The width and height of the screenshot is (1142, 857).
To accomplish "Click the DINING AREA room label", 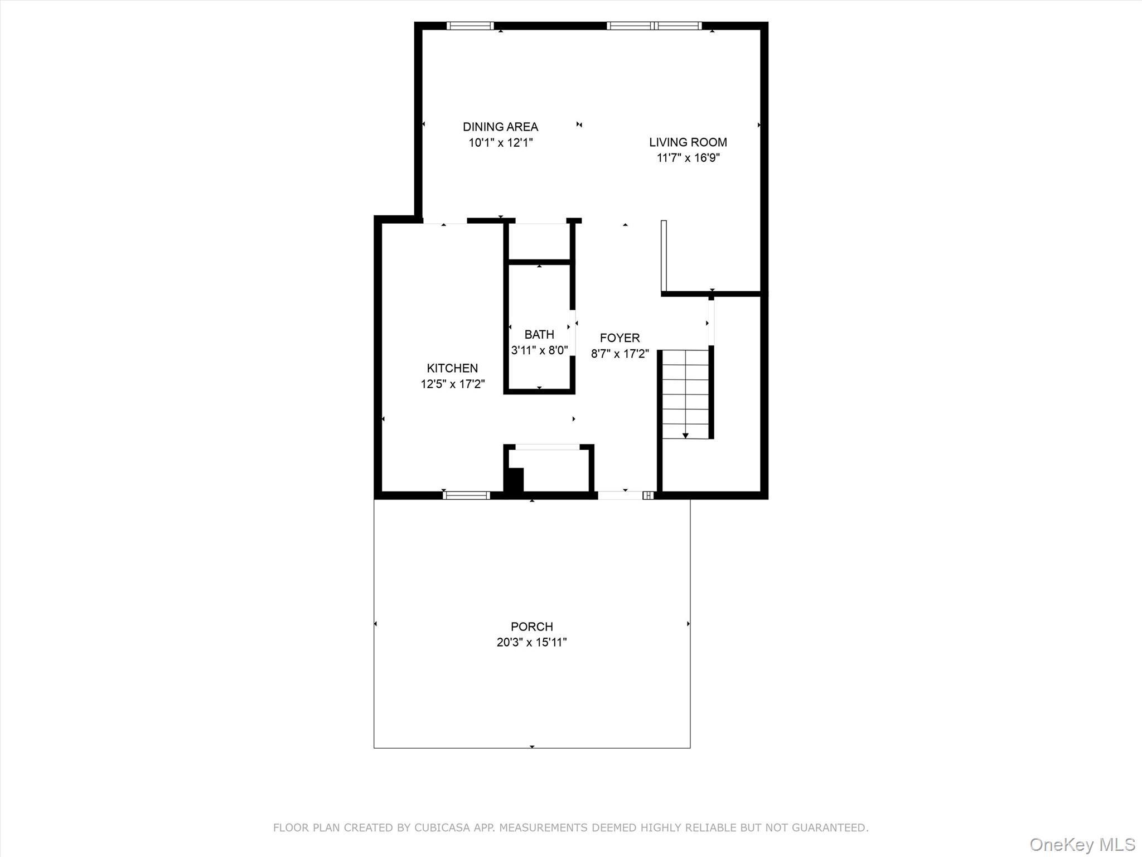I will pos(500,127).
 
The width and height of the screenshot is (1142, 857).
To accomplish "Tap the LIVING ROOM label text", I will pos(688,142).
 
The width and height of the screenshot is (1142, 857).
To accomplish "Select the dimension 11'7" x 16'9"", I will pos(688,158).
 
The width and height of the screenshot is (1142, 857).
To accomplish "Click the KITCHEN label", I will pos(452,368).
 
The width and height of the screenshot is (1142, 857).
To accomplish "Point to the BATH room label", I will pos(539,334).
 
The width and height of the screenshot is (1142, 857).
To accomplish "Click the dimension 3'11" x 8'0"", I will pos(539,350).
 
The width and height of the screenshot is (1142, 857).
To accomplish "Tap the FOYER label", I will pos(620,338).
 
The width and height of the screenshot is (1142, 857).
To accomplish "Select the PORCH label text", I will pos(531,627).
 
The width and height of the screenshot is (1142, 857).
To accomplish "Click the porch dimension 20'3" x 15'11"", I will pos(531,642).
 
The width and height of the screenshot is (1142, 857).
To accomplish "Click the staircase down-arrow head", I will pos(685,435).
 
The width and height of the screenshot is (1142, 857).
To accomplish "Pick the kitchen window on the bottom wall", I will pos(466,495).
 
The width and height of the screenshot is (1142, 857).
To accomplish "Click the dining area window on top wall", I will pos(470,26).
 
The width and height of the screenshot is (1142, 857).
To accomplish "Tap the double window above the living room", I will pos(654,26).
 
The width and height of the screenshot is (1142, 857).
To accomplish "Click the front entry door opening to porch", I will pos(620,495).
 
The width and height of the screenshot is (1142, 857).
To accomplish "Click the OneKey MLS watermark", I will pos(1082,844).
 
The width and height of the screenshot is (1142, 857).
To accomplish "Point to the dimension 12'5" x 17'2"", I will pos(452,384).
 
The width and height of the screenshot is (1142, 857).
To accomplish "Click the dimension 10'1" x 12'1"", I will pos(500,143).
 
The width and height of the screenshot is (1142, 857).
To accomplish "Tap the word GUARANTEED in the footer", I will pos(832,828).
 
